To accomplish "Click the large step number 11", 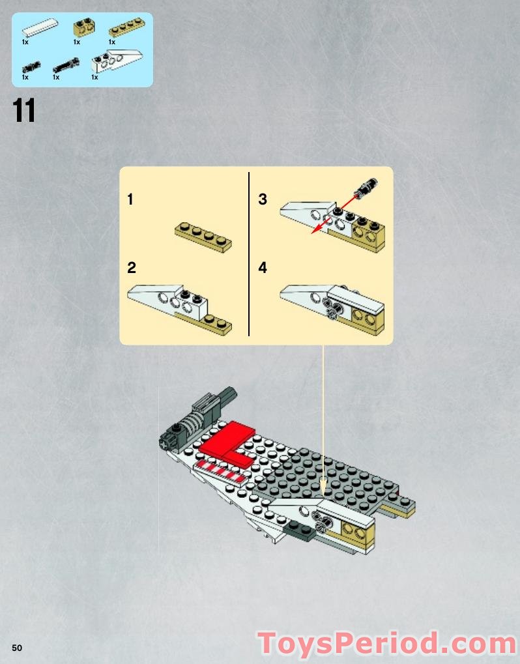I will [x=24, y=111].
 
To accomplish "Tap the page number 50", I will [x=16, y=646].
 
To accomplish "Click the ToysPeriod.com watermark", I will [x=387, y=643].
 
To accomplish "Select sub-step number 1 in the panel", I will [x=130, y=199].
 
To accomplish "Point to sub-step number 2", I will [x=132, y=267].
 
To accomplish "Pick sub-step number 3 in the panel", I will [x=263, y=199].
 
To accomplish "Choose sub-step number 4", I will [x=263, y=267].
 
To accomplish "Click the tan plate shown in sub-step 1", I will [x=203, y=237].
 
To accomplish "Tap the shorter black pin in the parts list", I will [x=31, y=66].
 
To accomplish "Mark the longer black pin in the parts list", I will [x=65, y=65].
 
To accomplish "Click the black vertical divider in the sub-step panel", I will [x=249, y=254].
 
